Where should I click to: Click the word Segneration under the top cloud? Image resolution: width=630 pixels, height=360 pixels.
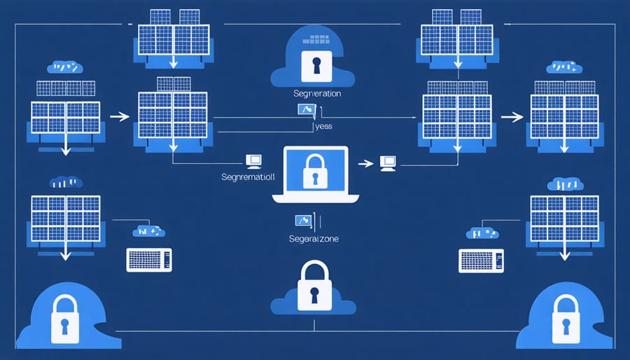click(x=316, y=93)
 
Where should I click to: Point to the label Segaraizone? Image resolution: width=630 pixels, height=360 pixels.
click(x=314, y=239)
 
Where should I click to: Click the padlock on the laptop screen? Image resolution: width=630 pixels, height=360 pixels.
click(x=314, y=172)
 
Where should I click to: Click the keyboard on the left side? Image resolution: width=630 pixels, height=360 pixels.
click(x=148, y=260)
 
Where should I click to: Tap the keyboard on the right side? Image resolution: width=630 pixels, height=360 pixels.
click(x=481, y=260)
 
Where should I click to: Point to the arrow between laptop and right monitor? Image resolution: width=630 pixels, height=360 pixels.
click(x=365, y=163)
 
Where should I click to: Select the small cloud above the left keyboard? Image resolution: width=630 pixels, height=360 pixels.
click(x=148, y=230)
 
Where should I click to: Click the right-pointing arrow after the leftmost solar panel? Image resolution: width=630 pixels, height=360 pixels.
click(x=120, y=116)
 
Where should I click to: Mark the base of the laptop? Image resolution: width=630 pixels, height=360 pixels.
click(x=315, y=198)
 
